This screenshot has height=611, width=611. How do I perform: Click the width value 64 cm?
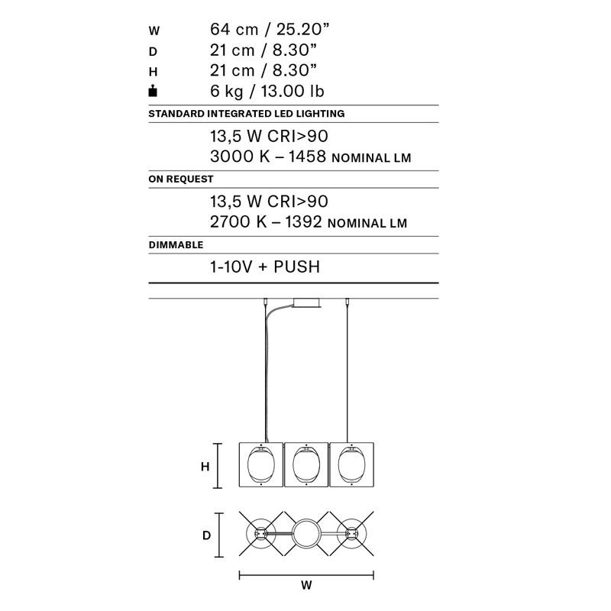tap(234, 30)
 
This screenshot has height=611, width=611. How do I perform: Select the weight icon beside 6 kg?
tap(153, 91)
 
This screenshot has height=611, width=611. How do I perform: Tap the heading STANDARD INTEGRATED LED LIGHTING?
tap(246, 114)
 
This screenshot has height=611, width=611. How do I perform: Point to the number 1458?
tap(307, 157)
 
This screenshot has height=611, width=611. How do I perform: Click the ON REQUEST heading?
tap(181, 179)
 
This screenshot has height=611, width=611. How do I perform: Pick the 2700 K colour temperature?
tap(238, 221)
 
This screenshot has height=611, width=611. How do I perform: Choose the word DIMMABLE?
tap(176, 244)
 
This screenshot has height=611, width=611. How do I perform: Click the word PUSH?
tap(297, 267)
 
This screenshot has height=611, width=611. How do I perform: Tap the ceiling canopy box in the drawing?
tap(306, 302)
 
